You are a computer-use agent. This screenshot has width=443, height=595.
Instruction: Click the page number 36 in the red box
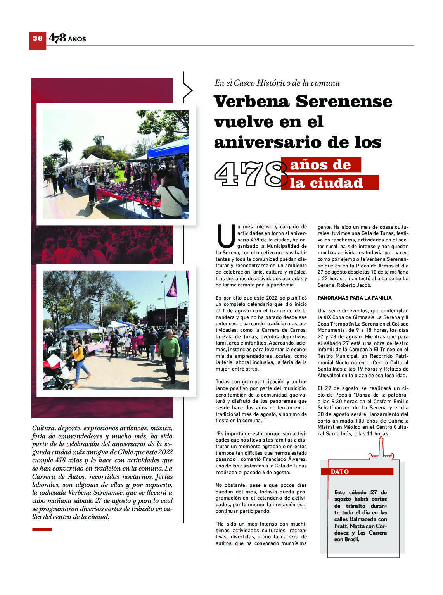pyautogui.click(x=37, y=38)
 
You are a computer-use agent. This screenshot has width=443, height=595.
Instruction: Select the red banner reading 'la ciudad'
pyautogui.click(x=329, y=183)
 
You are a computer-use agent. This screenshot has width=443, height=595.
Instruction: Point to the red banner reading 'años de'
pyautogui.click(x=321, y=165)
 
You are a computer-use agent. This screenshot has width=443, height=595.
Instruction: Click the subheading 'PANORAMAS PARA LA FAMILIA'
pyautogui.click(x=355, y=298)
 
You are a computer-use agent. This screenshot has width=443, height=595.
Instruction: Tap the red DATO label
pyautogui.click(x=340, y=472)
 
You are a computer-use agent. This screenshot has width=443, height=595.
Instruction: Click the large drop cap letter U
pyautogui.click(x=225, y=236)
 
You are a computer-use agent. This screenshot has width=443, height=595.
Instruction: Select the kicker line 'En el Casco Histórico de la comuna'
pyautogui.click(x=277, y=83)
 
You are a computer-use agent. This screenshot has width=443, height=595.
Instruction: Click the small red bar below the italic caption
pyautogui.click(x=42, y=529)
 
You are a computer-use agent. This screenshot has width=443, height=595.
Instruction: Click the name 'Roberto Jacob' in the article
pyautogui.click(x=354, y=285)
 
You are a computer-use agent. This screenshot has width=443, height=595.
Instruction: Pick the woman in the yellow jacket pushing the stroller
pyautogui.click(x=80, y=359)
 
